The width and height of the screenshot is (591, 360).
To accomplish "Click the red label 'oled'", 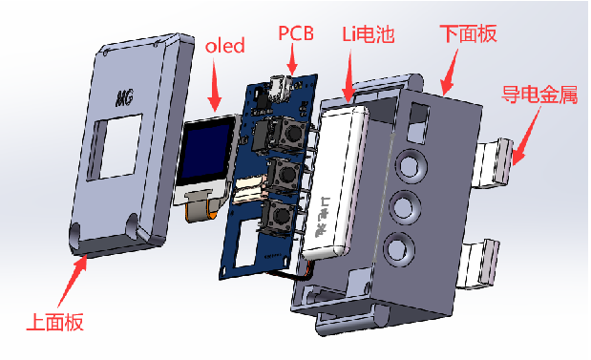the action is tap(225, 46).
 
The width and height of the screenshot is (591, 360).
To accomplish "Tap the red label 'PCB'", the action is tap(296, 33).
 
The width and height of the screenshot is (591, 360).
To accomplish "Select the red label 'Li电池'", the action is tap(369, 34).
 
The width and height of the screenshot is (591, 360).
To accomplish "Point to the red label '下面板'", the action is tap(468, 34).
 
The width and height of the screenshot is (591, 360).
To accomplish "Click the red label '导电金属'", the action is tap(539, 95).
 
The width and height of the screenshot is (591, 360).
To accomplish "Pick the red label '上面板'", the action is tap(55, 322).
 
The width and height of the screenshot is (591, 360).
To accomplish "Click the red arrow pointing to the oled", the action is tap(215, 85).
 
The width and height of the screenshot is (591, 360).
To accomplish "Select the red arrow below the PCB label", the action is tap(292, 59).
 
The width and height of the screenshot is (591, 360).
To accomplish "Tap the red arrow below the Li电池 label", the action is tap(348, 76).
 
